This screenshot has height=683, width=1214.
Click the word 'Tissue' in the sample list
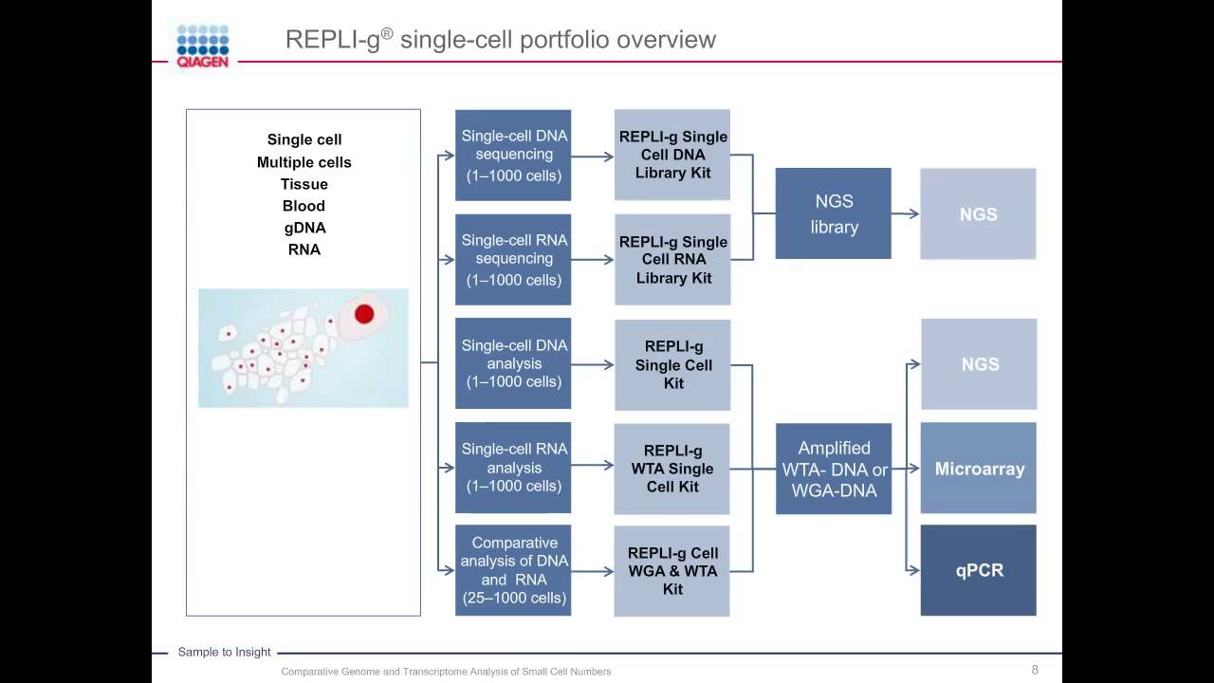(x=303, y=184)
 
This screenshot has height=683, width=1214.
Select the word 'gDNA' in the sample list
(x=303, y=228)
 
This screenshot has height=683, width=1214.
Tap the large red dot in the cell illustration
(x=364, y=314)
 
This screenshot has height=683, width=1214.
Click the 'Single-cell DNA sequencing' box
(x=513, y=155)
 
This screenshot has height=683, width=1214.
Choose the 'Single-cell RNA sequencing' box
(x=513, y=259)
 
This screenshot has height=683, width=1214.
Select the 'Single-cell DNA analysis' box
(x=513, y=363)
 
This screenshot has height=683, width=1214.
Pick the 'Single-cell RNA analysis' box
(x=513, y=468)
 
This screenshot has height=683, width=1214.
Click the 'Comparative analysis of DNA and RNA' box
(x=513, y=570)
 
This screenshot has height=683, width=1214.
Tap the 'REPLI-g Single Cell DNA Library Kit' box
(x=672, y=155)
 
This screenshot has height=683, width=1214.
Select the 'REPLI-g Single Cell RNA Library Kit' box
(x=672, y=259)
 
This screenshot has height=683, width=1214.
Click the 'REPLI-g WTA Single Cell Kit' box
(x=672, y=469)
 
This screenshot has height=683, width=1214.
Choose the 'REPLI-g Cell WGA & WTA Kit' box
(x=672, y=571)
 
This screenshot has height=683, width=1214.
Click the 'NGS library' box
(x=834, y=213)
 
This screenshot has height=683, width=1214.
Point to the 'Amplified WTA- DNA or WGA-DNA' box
(x=834, y=469)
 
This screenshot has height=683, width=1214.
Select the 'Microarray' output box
(x=979, y=469)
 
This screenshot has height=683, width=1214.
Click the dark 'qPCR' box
(x=979, y=570)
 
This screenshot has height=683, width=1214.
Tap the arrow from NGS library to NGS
(x=906, y=213)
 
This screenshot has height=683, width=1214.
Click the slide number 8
(x=1035, y=670)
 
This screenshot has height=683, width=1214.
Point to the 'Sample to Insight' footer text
(x=224, y=652)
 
